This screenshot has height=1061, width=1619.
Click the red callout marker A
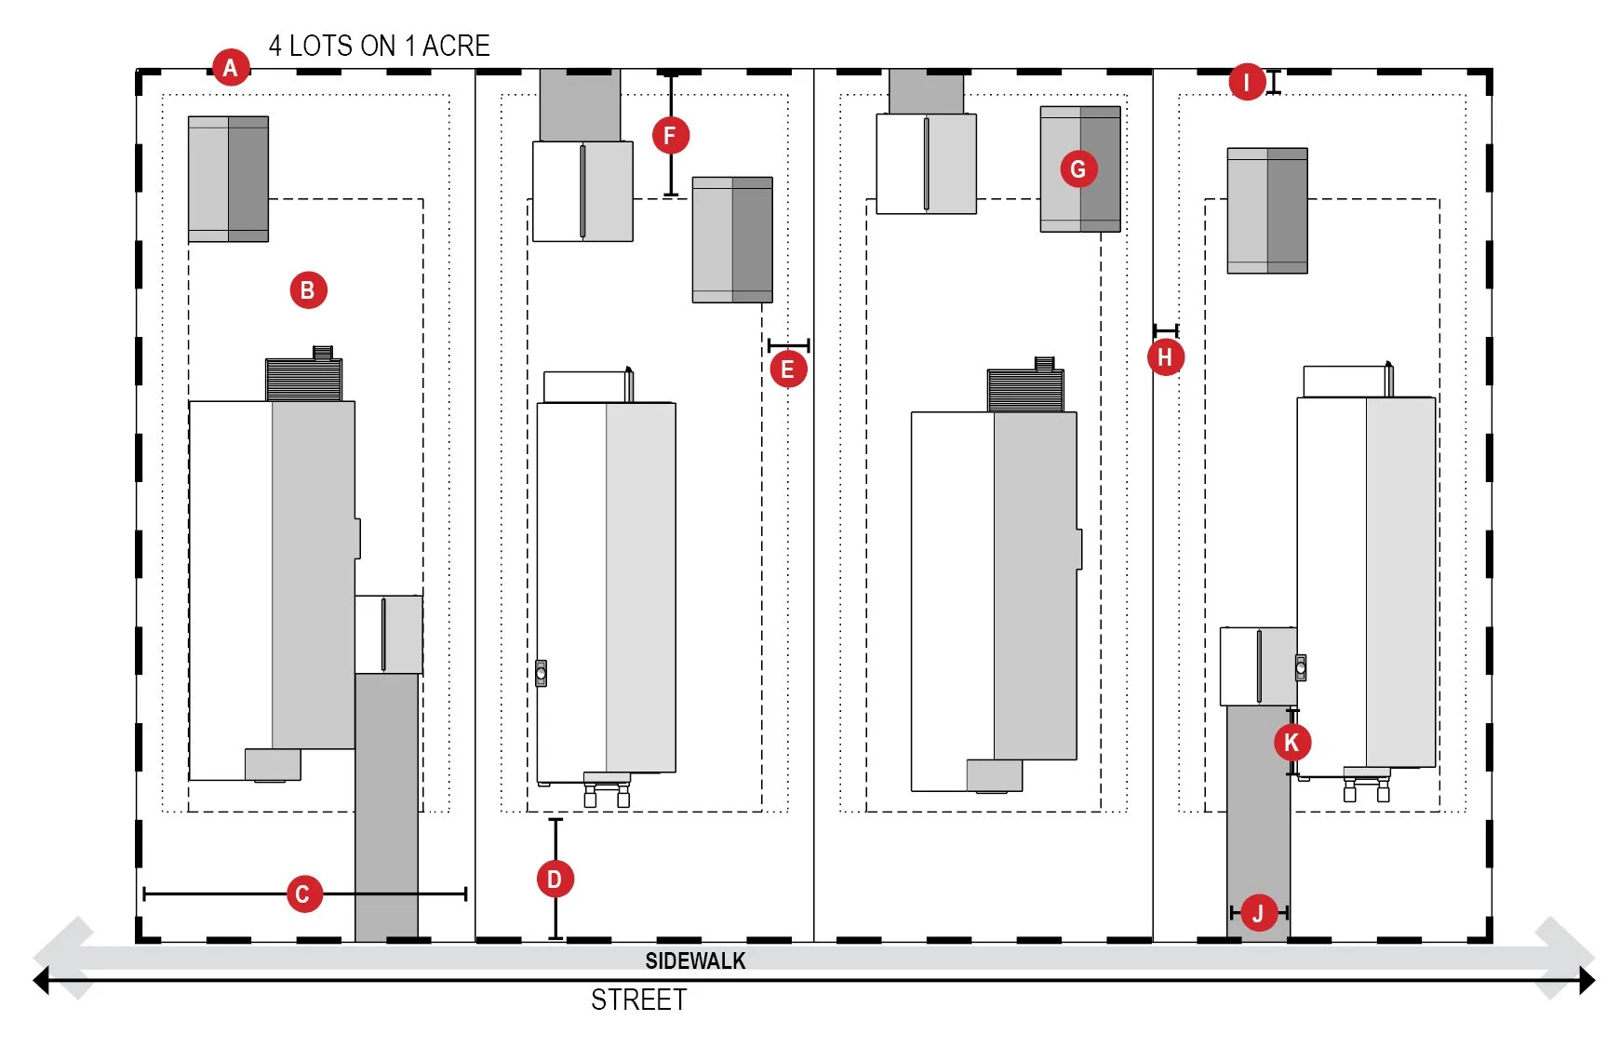(231, 67)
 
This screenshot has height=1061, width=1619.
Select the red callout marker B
(308, 290)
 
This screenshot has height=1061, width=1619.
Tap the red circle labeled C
(302, 894)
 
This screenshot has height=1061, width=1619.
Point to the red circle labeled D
(555, 880)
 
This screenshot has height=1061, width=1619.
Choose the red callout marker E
(788, 369)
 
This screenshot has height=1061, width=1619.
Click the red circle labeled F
(670, 136)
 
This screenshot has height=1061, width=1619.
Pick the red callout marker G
(1078, 169)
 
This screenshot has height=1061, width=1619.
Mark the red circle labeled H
(1165, 357)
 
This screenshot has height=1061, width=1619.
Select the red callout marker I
(1247, 82)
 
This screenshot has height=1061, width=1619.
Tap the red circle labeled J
(1258, 913)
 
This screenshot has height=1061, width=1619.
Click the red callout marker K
(1291, 743)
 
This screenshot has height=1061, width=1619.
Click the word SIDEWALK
(695, 961)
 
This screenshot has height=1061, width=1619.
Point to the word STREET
(638, 1001)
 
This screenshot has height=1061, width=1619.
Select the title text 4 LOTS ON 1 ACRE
(379, 46)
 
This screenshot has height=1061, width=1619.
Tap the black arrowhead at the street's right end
(1586, 980)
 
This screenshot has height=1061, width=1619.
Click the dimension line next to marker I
(1274, 82)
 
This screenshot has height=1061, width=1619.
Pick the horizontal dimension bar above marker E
(788, 345)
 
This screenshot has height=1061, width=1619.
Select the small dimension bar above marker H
(1166, 330)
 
